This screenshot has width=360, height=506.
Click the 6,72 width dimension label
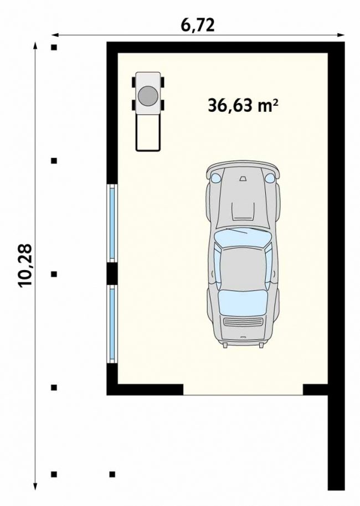tap(198, 25)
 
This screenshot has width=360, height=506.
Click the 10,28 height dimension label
tap(25, 265)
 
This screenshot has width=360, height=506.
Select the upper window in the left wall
tap(112, 223)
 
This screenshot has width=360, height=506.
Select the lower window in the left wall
tap(112, 324)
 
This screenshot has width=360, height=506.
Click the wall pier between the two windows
tap(112, 273)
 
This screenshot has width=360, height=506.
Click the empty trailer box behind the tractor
tap(148, 132)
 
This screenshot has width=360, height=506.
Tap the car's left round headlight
tap(215, 177)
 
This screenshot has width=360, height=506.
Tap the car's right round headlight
tap(269, 177)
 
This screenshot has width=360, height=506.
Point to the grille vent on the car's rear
tap(243, 322)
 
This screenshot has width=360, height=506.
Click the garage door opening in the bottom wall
tap(243, 390)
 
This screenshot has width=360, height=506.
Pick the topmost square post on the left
tap(54, 48)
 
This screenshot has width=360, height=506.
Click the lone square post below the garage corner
tap(112, 474)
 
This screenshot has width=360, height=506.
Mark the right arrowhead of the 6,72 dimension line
tap(341, 35)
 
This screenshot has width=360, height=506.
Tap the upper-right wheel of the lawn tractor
tap(162, 82)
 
